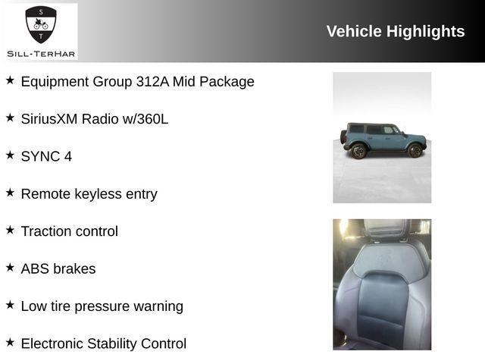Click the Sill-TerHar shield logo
(41, 25)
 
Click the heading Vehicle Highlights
(395, 31)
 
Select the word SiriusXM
(49, 119)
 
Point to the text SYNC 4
(46, 156)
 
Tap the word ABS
(35, 268)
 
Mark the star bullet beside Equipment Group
(10, 80)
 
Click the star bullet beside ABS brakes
(10, 267)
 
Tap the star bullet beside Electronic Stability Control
(10, 342)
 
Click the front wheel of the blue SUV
(415, 150)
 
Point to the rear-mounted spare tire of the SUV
(343, 138)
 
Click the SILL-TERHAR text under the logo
(41, 53)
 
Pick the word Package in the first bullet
(232, 82)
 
